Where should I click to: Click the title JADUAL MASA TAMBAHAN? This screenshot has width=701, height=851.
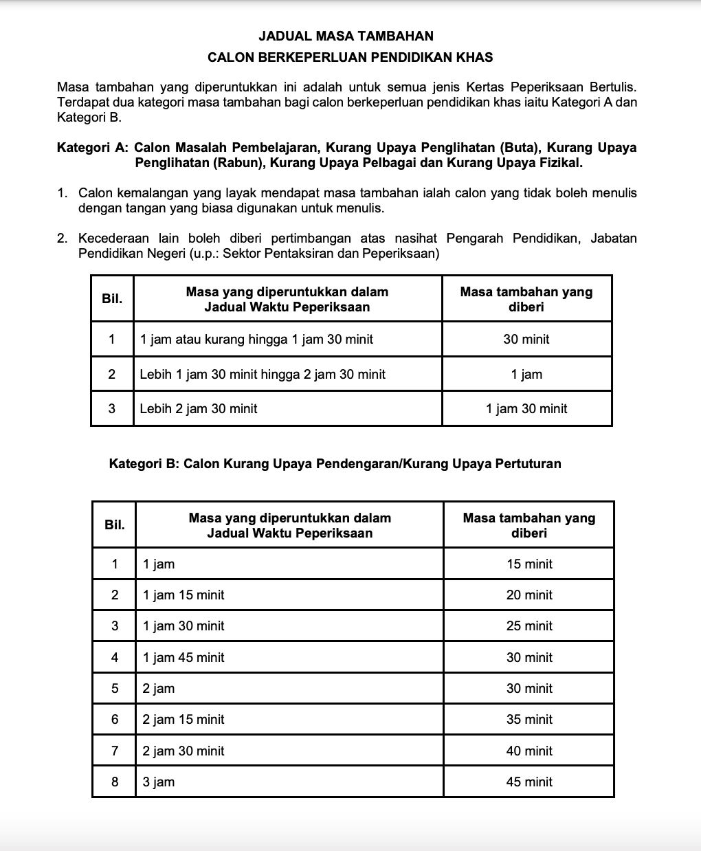346,36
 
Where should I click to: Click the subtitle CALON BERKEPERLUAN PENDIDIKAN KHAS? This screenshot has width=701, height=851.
350,58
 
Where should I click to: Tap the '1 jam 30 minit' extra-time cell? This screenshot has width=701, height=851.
526,409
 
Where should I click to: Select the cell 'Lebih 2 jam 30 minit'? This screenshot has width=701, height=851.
199,409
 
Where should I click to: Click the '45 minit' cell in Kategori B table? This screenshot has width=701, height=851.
529,782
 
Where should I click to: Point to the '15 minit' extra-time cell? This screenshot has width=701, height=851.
529,564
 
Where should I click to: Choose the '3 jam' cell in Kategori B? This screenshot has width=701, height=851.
159,782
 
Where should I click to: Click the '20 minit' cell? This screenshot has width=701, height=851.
529,595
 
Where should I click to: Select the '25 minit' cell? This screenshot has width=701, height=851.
529,626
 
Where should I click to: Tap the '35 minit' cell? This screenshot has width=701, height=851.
529,720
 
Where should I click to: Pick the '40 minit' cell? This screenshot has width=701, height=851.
529,751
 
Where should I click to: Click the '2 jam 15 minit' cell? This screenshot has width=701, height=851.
183,720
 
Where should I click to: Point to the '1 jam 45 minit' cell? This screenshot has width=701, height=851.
183,658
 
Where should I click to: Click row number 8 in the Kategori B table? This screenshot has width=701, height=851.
115,782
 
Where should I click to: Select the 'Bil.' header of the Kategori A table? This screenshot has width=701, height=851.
112,299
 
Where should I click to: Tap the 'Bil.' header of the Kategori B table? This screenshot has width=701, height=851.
115,525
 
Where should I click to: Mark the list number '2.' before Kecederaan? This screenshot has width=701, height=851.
63,239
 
